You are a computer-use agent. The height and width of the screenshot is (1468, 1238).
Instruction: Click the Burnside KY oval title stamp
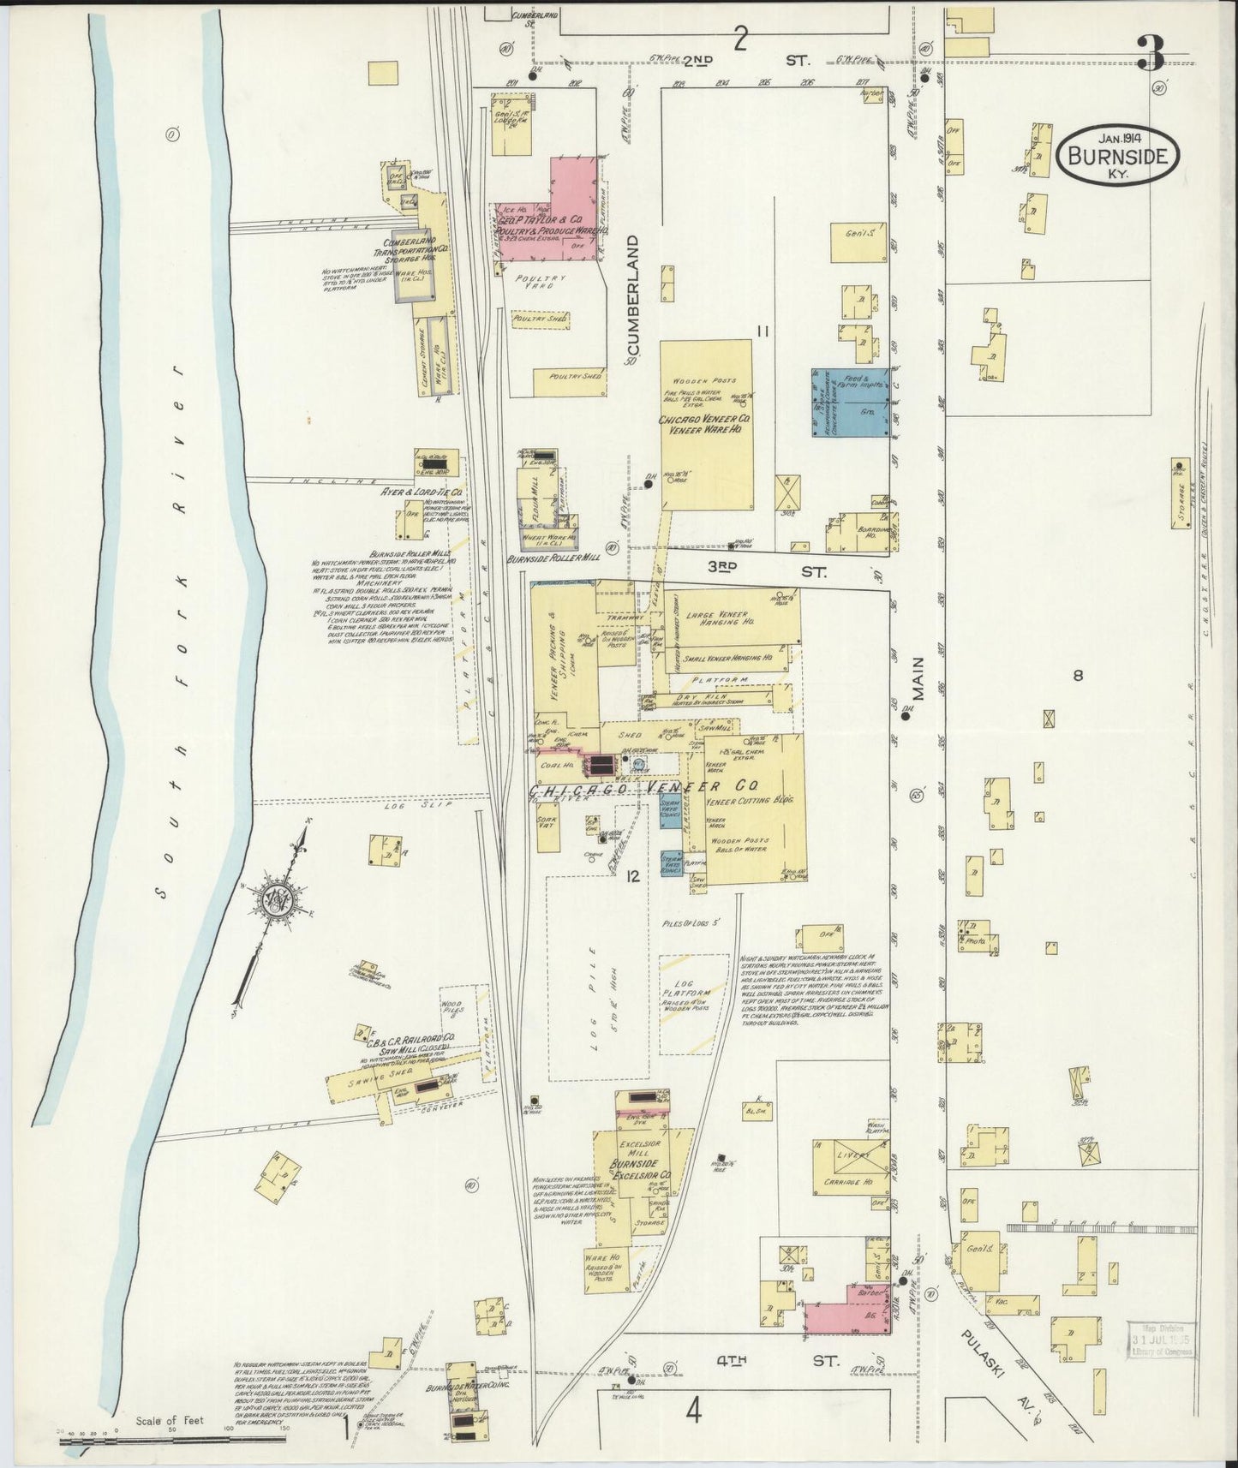pos(1121,155)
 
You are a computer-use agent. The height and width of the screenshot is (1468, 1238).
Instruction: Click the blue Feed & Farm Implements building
pos(850,402)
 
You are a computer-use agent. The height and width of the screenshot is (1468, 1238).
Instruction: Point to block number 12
pos(633,875)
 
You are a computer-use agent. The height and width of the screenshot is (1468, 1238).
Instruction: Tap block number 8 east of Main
pos(1078,676)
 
